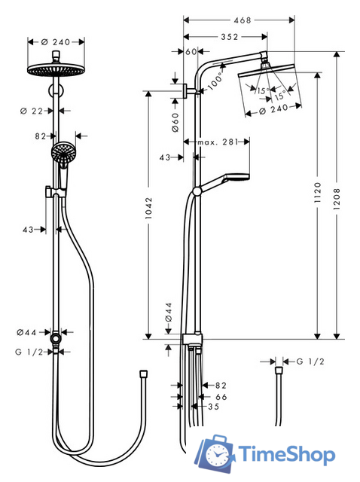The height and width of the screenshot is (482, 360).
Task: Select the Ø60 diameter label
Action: (x=175, y=120)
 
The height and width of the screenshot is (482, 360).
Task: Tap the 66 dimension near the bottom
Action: (x=221, y=396)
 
